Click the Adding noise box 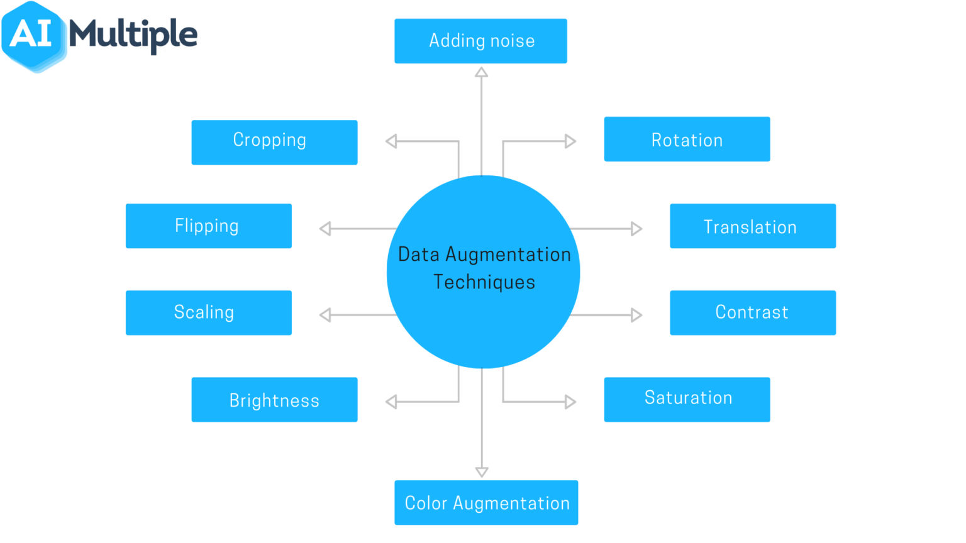(480, 41)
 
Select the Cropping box (274, 142)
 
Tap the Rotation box (687, 139)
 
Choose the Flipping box (208, 226)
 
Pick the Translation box (752, 226)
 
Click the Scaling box (208, 312)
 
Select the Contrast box (752, 312)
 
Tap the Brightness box (274, 400)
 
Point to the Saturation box (687, 399)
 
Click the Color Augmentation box (486, 502)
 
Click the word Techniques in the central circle (484, 282)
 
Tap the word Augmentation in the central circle (508, 255)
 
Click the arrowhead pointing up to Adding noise (482, 72)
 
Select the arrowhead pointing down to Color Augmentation (482, 471)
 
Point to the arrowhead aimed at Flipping (325, 229)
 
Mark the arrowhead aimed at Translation (636, 229)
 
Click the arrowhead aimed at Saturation (570, 402)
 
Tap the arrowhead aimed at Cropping (391, 141)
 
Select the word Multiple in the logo (133, 35)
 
